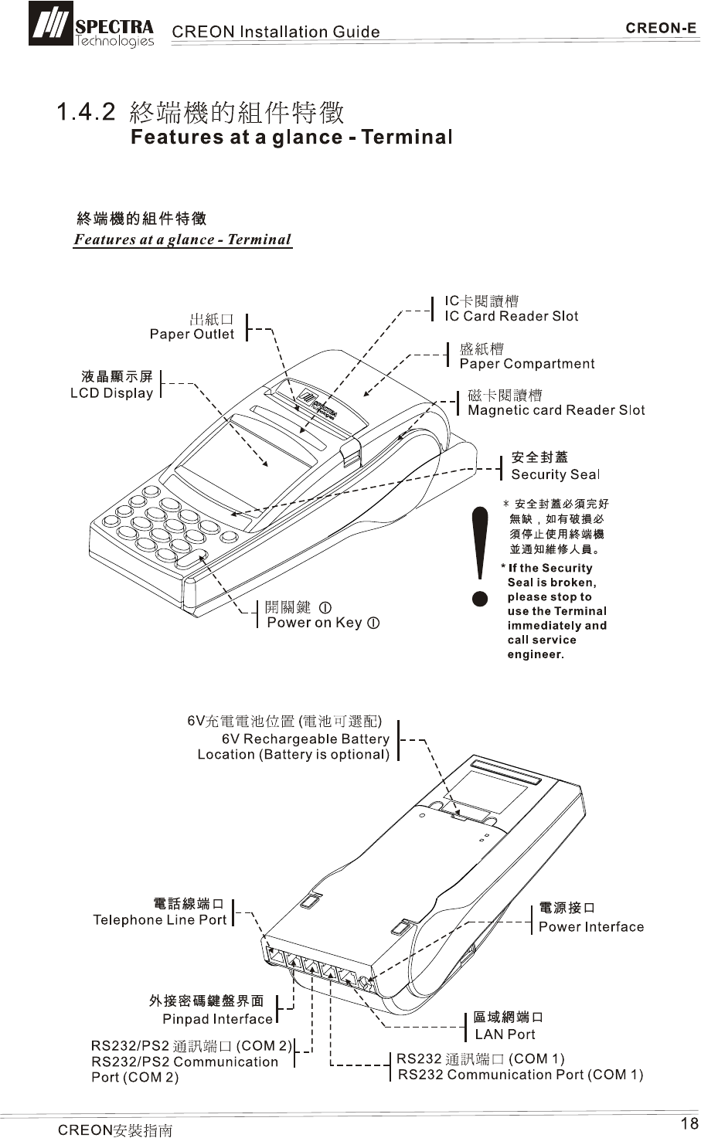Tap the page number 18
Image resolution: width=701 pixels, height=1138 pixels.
pyautogui.click(x=689, y=1123)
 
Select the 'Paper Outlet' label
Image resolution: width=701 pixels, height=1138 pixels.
pyautogui.click(x=192, y=334)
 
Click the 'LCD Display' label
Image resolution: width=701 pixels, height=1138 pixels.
pyautogui.click(x=112, y=393)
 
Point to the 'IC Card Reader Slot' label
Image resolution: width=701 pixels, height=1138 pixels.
pyautogui.click(x=511, y=316)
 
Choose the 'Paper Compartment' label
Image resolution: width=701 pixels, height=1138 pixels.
pyautogui.click(x=527, y=364)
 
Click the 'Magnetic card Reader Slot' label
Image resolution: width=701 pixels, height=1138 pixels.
pyautogui.click(x=556, y=410)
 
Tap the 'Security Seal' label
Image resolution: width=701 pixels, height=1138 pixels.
pyautogui.click(x=555, y=474)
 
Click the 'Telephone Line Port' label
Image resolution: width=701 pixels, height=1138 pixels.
pyautogui.click(x=160, y=919)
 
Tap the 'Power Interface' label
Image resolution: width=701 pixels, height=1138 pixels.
pyautogui.click(x=590, y=926)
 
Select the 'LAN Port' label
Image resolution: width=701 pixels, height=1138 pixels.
pyautogui.click(x=505, y=1034)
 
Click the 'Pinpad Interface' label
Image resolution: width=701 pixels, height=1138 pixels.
pyautogui.click(x=217, y=1019)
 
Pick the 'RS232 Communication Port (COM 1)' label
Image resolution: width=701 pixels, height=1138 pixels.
pyautogui.click(x=520, y=1075)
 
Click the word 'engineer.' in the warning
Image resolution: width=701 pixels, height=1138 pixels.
pyautogui.click(x=536, y=654)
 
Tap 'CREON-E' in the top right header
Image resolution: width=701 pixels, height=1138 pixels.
pyautogui.click(x=661, y=29)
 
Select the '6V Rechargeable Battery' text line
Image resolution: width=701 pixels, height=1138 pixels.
pyautogui.click(x=305, y=739)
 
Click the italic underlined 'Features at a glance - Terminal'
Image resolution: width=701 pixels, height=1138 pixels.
pyautogui.click(x=182, y=239)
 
